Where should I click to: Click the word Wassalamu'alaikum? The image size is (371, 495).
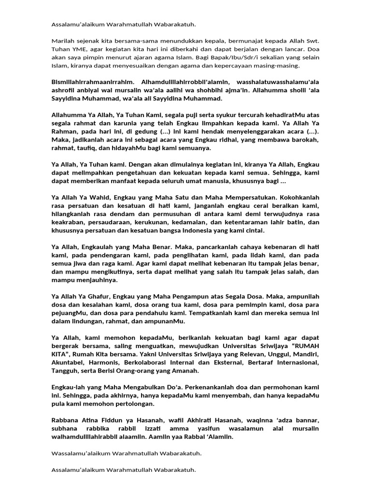pyautogui.click(x=77, y=453)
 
